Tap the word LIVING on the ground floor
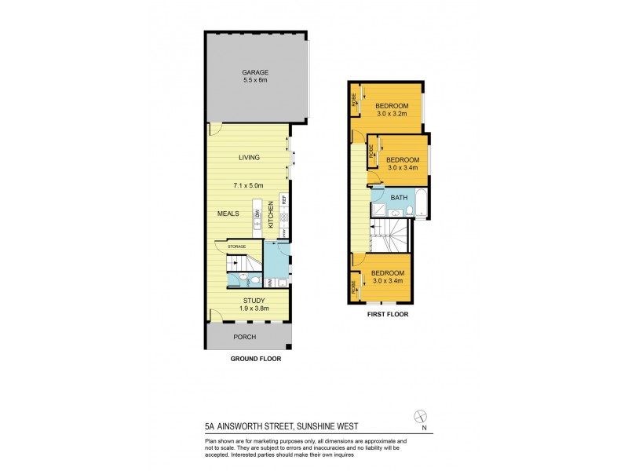tap(250, 158)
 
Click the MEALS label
tap(228, 213)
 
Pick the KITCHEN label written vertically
tap(271, 214)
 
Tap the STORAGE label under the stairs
tap(236, 246)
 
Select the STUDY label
tap(253, 301)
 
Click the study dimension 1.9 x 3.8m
tap(253, 309)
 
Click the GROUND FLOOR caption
tap(255, 359)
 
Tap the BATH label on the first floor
tap(399, 197)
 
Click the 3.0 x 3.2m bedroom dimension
tap(392, 114)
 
